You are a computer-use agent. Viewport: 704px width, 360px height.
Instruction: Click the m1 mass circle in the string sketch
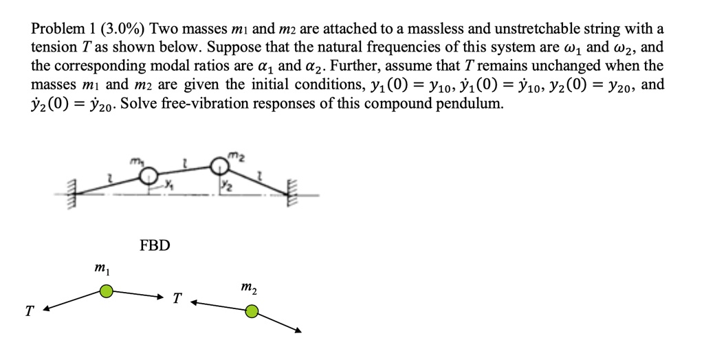tap(146, 176)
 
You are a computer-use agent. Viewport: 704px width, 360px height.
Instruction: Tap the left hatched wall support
tap(69, 194)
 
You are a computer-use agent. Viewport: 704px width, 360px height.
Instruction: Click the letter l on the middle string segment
tap(184, 161)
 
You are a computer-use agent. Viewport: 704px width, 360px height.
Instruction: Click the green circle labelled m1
tap(105, 292)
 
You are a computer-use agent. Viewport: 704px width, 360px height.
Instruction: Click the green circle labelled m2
tap(252, 313)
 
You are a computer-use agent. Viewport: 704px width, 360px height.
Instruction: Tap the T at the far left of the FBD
tap(28, 312)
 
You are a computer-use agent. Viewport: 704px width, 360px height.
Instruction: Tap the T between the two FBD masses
tap(177, 298)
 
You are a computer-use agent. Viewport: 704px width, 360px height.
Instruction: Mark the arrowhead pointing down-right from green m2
tap(298, 330)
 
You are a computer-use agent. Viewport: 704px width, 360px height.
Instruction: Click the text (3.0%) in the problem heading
tap(122, 30)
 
